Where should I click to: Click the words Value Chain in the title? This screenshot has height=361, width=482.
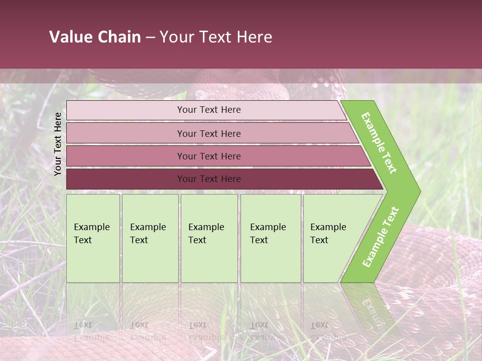[95, 37]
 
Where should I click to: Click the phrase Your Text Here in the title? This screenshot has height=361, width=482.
[216, 37]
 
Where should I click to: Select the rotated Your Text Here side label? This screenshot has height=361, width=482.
[58, 144]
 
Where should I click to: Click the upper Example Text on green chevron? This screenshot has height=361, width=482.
[379, 143]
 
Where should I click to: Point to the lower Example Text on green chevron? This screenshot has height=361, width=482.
[381, 237]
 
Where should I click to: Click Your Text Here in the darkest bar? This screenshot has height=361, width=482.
[209, 179]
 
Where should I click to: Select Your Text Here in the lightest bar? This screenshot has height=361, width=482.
[209, 110]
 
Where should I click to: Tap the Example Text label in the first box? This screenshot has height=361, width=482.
[91, 234]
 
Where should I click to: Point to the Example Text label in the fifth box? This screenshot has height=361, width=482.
[328, 234]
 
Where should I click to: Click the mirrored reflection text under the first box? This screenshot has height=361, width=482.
[91, 331]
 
